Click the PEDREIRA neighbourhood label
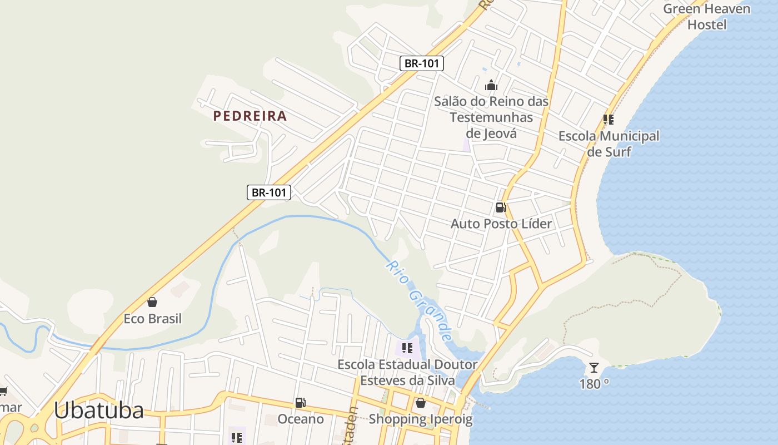pos(250,116)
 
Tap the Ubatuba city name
pos(99,411)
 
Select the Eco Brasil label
pos(152,319)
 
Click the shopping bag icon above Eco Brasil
pos(152,302)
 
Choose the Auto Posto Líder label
pos(501,224)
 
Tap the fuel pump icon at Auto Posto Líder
pos(501,207)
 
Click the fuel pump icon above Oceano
pos(300,402)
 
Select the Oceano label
pos(300,419)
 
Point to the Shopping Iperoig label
pos(421,419)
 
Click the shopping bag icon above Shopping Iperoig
pos(421,402)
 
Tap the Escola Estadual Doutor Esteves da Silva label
pos(407,373)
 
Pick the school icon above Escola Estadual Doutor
pos(407,348)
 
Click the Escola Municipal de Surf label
pos(609,144)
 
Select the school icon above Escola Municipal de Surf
pos(609,119)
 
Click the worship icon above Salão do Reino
pos(491,85)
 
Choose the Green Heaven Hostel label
pos(706,17)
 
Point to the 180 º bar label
pos(594,384)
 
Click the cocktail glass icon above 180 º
pos(594,367)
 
